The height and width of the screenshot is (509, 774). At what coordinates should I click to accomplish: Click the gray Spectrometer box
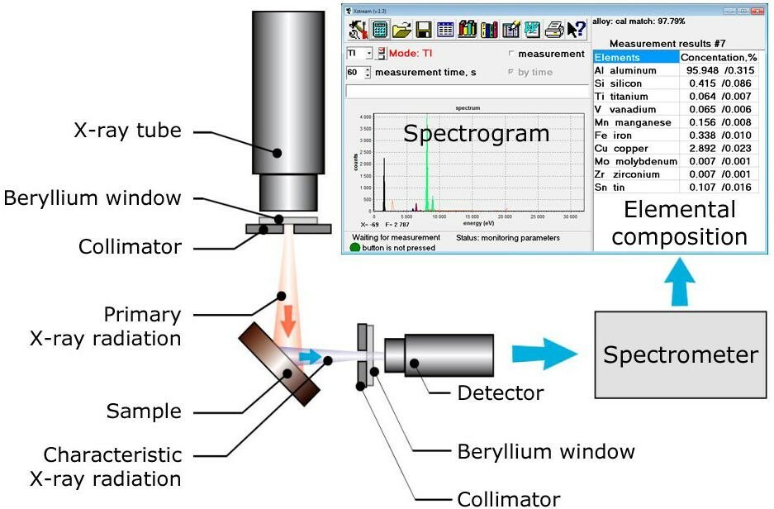(x=680, y=356)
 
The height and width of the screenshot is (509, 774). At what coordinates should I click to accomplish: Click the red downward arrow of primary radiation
(x=286, y=321)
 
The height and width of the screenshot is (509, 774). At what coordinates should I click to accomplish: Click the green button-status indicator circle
(x=355, y=248)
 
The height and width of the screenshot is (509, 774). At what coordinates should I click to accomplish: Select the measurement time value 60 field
(x=353, y=73)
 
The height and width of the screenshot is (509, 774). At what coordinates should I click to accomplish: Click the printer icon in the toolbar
(x=553, y=31)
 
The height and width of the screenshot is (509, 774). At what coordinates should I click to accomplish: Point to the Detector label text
(x=501, y=393)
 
